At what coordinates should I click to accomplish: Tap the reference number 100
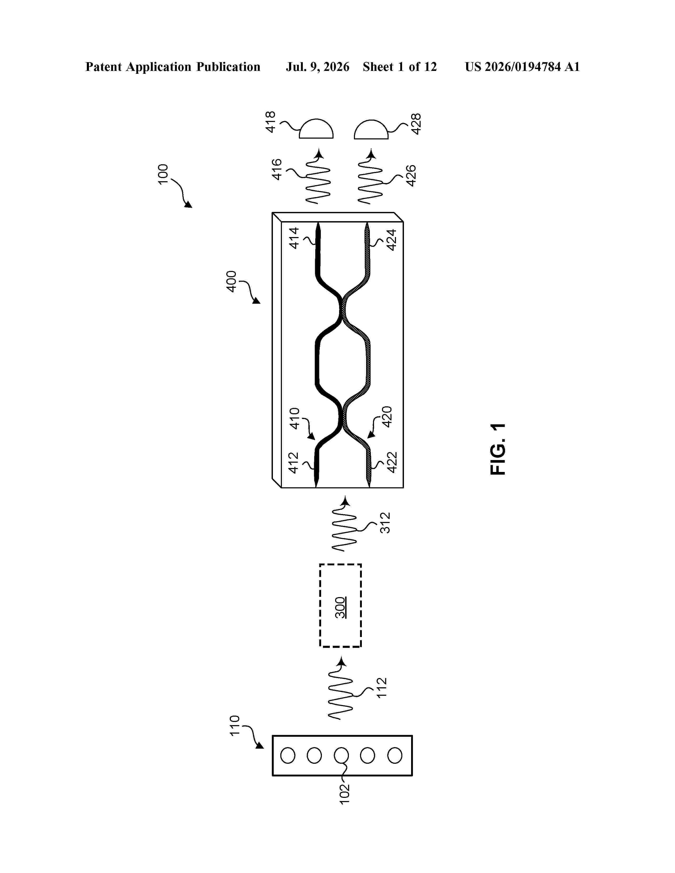click(163, 174)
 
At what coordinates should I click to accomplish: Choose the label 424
click(391, 240)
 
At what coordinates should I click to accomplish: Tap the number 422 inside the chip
click(392, 462)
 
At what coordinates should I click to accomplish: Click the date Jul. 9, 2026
click(317, 67)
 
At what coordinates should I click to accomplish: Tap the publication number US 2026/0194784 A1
click(522, 67)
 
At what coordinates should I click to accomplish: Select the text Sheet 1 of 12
click(400, 67)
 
